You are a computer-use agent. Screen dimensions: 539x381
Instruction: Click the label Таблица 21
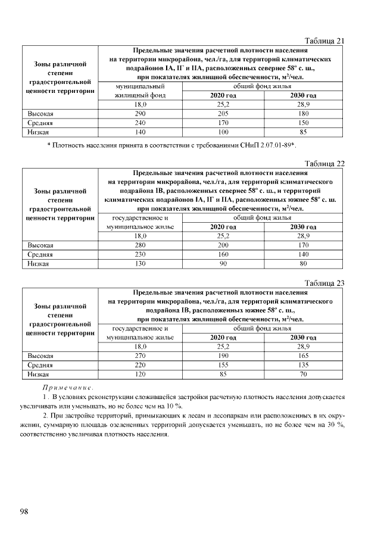pyautogui.click(x=324, y=41)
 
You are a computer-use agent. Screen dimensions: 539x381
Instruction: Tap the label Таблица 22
pyautogui.click(x=324, y=164)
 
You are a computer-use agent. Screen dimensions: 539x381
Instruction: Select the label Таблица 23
pyautogui.click(x=324, y=283)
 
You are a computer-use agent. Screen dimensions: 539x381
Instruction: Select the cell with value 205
pyautogui.click(x=223, y=113)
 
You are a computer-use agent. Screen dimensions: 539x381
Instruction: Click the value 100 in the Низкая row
pyautogui.click(x=223, y=132)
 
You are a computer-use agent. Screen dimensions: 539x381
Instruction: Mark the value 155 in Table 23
pyautogui.click(x=223, y=364)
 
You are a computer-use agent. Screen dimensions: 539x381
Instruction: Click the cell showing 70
pyautogui.click(x=303, y=374)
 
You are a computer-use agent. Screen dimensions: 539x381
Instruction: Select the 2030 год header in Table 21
pyautogui.click(x=303, y=95)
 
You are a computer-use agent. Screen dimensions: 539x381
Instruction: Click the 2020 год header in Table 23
pyautogui.click(x=223, y=337)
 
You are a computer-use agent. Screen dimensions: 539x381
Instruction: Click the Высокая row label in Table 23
pyautogui.click(x=41, y=356)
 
